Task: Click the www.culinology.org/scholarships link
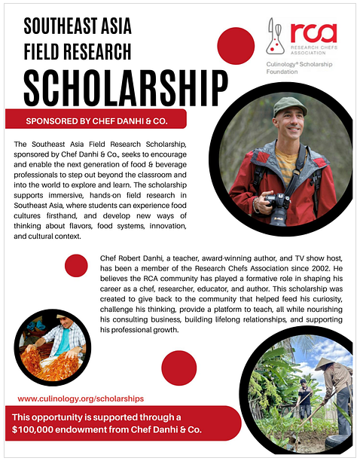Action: pyautogui.click(x=81, y=398)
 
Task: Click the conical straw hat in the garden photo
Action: pyautogui.click(x=326, y=364)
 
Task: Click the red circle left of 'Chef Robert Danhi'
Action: pyautogui.click(x=76, y=265)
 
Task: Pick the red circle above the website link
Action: pyautogui.click(x=178, y=368)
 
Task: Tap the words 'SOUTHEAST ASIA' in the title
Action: pyautogui.click(x=78, y=27)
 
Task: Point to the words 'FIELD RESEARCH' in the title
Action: pyautogui.click(x=78, y=51)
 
